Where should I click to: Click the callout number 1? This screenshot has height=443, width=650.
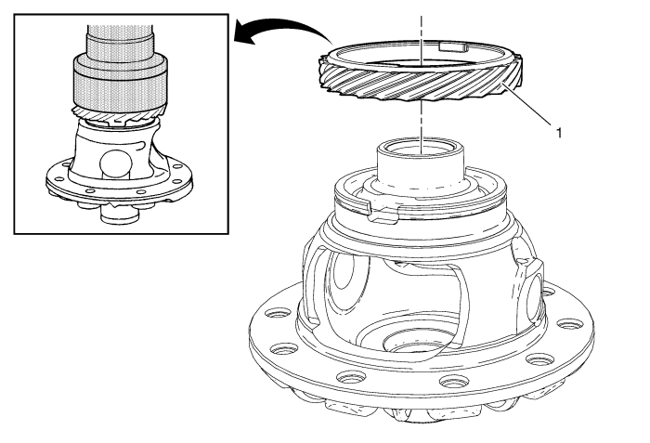click(559, 133)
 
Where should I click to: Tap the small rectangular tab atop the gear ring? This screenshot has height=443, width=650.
click(453, 46)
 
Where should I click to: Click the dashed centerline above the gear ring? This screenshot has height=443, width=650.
click(422, 40)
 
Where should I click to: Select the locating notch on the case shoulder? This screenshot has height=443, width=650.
click(383, 212)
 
